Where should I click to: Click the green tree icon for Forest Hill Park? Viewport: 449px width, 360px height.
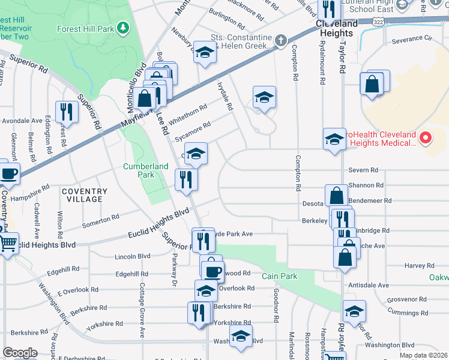[x=123, y=28]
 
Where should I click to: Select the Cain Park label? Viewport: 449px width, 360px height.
[x=276, y=276]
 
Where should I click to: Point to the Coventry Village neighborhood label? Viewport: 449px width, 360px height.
[x=84, y=195]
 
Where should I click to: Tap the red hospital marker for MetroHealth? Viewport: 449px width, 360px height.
[x=426, y=139]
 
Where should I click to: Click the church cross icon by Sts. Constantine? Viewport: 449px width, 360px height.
[x=280, y=41]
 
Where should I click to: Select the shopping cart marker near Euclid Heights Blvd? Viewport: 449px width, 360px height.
[x=8, y=244]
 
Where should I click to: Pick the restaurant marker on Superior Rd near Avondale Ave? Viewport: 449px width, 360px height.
[x=66, y=112]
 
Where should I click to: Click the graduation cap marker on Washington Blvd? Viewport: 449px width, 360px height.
[x=241, y=337]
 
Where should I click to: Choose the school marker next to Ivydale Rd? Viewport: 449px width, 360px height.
[x=264, y=98]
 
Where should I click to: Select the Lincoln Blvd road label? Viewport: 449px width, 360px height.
[x=132, y=256]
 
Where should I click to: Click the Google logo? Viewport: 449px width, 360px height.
[x=20, y=353]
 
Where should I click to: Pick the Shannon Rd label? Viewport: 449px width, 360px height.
[x=370, y=185]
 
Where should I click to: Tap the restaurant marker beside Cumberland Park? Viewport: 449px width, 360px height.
[x=186, y=179]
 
